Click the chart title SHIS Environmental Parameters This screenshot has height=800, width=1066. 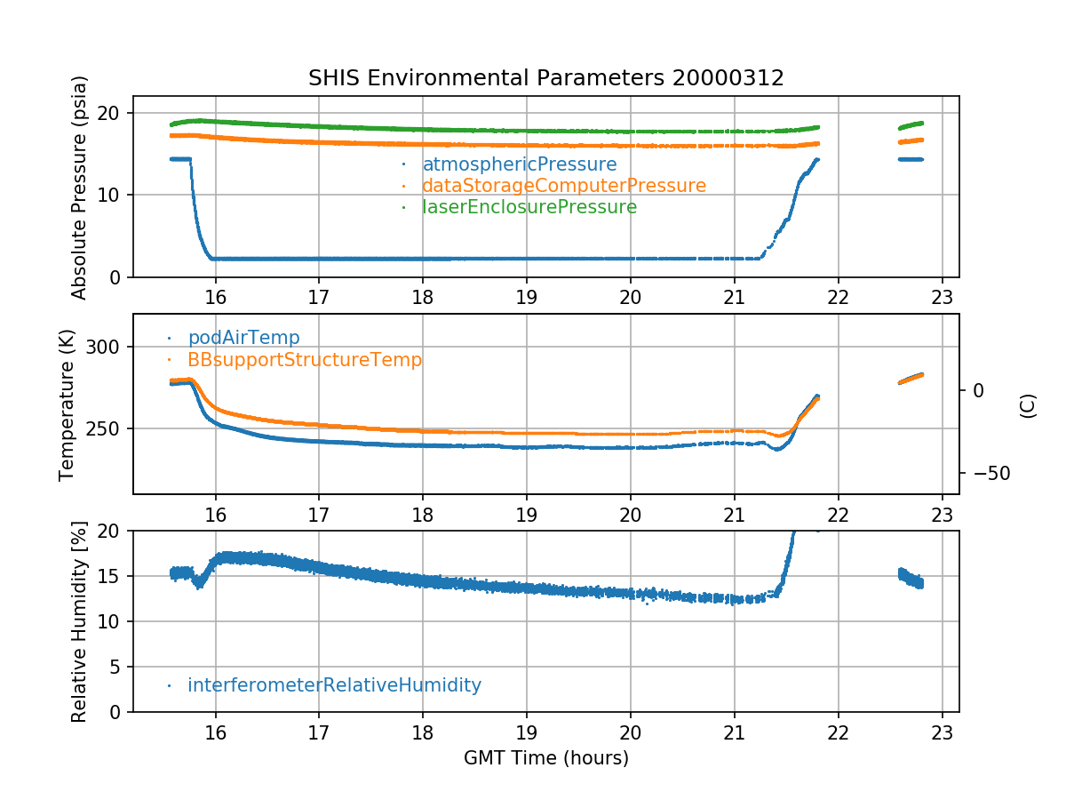(545, 78)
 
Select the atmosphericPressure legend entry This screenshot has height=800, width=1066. (519, 164)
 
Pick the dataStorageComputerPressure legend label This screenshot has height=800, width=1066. (563, 186)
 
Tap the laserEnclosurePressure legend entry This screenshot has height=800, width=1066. (529, 207)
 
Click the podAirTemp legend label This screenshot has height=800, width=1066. (243, 338)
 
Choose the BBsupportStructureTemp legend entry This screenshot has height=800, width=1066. (305, 360)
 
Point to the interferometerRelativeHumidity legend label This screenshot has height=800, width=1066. (334, 685)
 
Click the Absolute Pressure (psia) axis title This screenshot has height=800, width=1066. (80, 187)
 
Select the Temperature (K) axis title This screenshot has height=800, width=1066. (68, 404)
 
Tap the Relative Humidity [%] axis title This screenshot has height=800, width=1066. (80, 621)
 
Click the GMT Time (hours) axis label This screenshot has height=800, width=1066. (545, 758)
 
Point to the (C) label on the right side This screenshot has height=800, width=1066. (1028, 404)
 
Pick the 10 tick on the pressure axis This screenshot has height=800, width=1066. (113, 196)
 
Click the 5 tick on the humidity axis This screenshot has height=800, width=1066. (117, 668)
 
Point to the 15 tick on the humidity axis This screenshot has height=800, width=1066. (113, 576)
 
